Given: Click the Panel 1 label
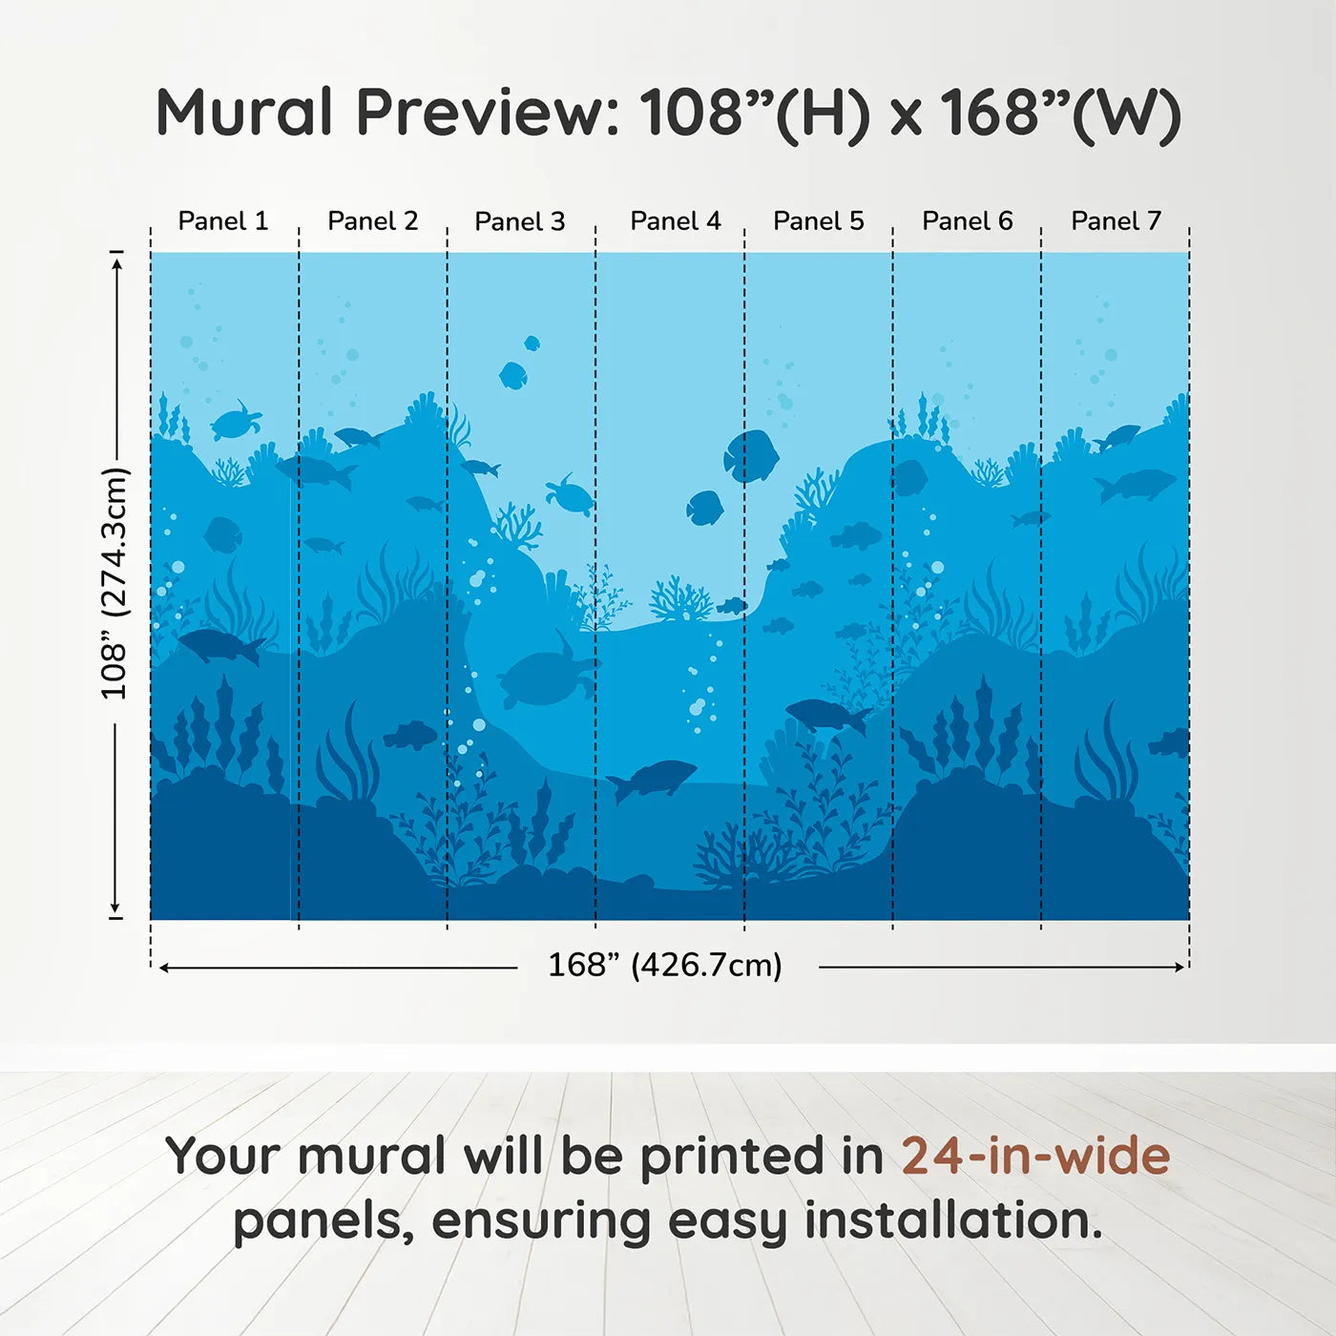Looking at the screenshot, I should point(222,221).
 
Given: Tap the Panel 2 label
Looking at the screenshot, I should point(372,221).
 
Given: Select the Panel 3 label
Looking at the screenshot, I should point(519,222).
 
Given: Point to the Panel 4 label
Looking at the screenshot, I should point(675,221).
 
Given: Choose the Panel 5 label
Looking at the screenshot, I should point(818,221).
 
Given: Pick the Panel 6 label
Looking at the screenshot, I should point(967,221).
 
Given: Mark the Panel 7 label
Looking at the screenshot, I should point(1116,221).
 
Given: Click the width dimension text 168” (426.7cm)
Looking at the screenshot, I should point(664,965).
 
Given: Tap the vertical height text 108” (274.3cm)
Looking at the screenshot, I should point(115,583).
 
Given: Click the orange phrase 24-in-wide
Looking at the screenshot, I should point(1035,1156).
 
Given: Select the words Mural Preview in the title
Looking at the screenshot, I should point(387,113).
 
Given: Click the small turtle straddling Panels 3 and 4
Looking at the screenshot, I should point(571,494).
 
